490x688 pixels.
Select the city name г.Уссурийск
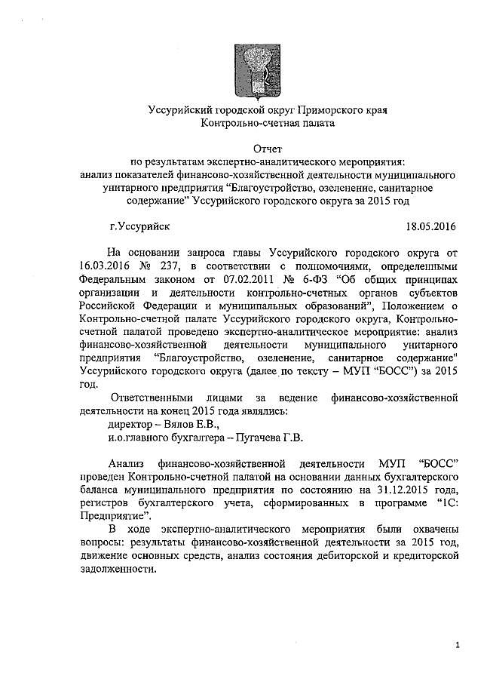click(x=139, y=226)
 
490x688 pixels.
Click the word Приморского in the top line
click(x=310, y=109)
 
